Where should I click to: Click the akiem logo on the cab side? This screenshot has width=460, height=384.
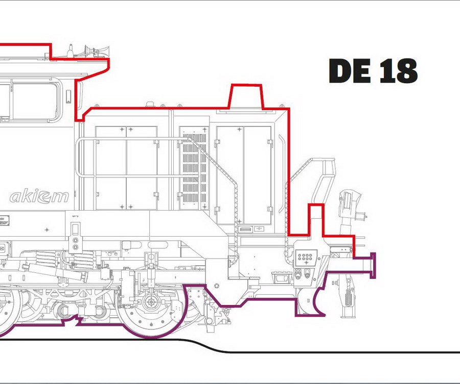39,196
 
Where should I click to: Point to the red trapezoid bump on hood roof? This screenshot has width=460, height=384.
246,97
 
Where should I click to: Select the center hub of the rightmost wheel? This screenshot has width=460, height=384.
151,302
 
